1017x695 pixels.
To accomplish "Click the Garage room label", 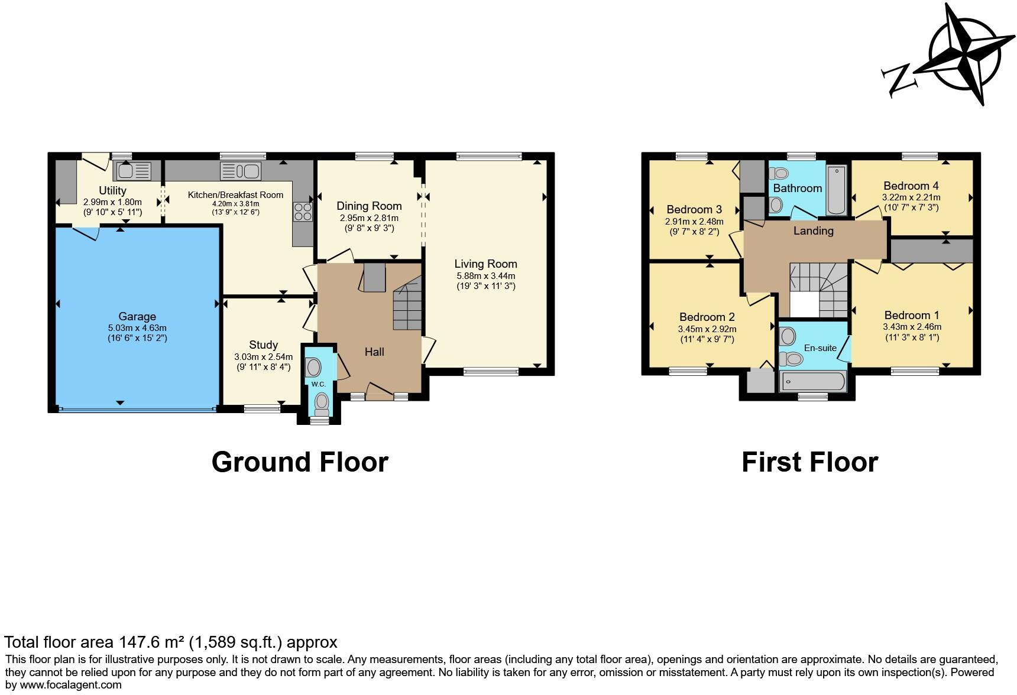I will coord(137,316).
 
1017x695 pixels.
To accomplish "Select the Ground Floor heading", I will coord(300,462).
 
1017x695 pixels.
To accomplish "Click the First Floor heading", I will coord(809,462).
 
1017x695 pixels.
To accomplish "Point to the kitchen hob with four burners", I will coord(303,212).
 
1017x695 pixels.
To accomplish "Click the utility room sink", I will coord(134,171).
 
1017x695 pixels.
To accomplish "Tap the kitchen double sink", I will coord(240,171).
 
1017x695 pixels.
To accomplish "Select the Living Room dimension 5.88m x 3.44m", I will coord(485,276).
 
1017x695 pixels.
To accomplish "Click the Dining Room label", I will coord(369,206).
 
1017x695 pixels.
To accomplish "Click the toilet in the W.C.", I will coord(322,404).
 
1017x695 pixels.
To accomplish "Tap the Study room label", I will coord(263,345).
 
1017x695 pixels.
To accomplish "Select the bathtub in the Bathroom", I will coord(837,190).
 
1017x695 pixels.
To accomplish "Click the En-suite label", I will coord(820,348).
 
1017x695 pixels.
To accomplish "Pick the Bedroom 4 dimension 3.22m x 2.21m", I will coord(911,197).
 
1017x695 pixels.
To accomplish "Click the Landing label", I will coord(813,231).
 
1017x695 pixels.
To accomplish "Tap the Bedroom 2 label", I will coord(707,317).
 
